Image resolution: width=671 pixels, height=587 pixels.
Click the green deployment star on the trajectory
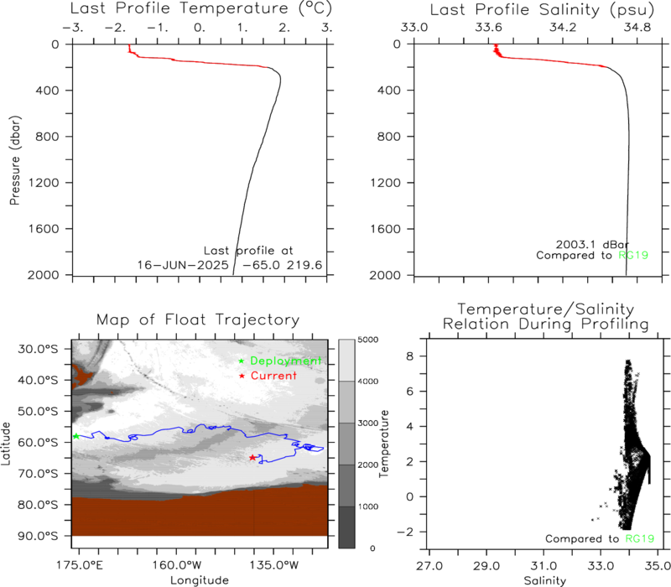click(76, 436)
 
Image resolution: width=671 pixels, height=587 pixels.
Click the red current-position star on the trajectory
click(252, 458)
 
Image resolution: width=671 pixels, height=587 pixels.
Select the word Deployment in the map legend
click(285, 361)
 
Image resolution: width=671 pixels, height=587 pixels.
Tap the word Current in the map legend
click(273, 376)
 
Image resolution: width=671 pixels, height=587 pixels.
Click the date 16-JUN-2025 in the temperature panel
click(183, 265)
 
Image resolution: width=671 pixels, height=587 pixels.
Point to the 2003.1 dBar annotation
click(592, 245)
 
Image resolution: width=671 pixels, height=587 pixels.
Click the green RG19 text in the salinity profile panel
click(633, 256)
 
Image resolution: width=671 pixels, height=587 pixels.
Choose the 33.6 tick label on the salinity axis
click(489, 28)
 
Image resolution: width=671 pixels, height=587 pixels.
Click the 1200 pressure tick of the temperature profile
click(44, 183)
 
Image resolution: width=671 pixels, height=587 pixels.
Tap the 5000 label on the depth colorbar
click(368, 340)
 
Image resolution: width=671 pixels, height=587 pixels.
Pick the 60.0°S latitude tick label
click(38, 442)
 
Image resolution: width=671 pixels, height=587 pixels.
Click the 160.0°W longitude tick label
click(177, 565)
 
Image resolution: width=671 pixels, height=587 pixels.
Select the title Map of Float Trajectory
click(198, 319)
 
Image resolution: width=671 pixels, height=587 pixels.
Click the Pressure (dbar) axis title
click(14, 160)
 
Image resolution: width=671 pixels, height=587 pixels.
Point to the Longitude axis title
click(200, 580)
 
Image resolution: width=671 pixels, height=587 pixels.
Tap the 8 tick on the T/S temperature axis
click(410, 356)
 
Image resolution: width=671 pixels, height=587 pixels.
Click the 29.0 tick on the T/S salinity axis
click(486, 566)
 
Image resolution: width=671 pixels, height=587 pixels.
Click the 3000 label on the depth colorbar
click(368, 423)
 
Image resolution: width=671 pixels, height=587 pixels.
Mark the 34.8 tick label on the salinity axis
click(637, 28)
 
